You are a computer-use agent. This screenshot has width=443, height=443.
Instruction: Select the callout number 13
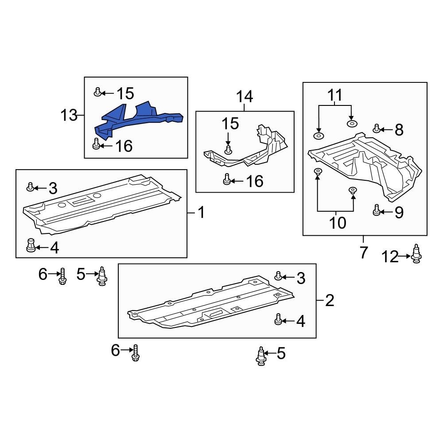pos(69,116)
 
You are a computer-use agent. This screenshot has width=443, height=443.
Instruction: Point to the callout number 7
pos(363,253)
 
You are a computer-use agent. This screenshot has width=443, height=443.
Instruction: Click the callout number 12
pos(390,257)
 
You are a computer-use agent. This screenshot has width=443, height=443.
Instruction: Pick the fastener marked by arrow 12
pos(416,254)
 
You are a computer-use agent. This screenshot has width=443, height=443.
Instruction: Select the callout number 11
pos(335,95)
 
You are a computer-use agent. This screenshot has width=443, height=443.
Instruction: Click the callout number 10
pos(338,222)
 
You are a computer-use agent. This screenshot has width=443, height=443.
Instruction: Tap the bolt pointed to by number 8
pos(377,129)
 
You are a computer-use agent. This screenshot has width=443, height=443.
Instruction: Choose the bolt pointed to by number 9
pos(376,210)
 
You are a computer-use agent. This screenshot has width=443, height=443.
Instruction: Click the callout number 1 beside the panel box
pos(201,213)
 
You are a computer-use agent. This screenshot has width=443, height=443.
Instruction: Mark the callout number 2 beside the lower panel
pos(330,301)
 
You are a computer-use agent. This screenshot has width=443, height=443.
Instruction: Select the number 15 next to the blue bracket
pos(125,93)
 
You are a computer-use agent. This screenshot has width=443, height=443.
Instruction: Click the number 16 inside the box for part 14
pos(254,181)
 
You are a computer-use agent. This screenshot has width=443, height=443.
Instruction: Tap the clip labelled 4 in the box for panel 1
pos(31,245)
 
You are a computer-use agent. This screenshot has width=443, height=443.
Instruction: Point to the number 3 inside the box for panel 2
pos(301,278)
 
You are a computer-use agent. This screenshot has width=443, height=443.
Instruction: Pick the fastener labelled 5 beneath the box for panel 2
pos(261,356)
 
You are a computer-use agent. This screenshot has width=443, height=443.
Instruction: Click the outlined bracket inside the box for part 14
pos(248,151)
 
